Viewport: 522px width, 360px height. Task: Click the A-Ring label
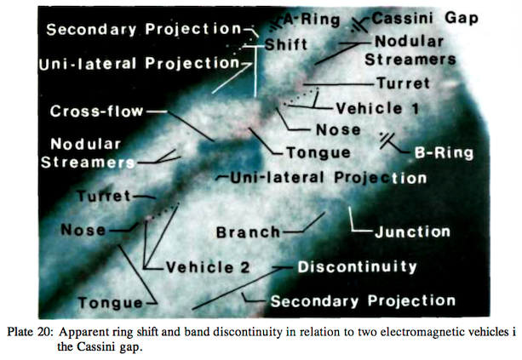(312, 20)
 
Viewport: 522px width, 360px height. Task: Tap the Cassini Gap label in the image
(425, 19)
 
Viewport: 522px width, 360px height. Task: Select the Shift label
(286, 44)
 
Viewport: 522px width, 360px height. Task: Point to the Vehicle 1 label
(377, 108)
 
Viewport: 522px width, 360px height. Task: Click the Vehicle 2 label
(208, 267)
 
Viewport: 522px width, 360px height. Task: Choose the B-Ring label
(444, 152)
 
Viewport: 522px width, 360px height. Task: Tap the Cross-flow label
(96, 111)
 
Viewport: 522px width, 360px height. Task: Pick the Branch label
(249, 232)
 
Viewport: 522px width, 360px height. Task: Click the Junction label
(413, 231)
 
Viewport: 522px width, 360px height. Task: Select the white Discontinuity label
(357, 267)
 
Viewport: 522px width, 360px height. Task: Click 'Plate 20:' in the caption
(30, 332)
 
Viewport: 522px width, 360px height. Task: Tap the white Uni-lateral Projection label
(139, 64)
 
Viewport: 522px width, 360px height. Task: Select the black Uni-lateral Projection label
(328, 178)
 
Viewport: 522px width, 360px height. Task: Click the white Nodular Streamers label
(88, 153)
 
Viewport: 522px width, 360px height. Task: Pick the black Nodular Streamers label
(410, 50)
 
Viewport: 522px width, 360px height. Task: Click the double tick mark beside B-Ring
(386, 140)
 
